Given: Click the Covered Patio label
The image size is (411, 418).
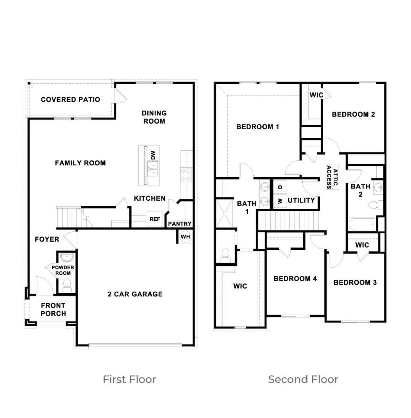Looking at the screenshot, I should tap(70, 99).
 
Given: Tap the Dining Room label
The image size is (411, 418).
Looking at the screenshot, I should tap(154, 117).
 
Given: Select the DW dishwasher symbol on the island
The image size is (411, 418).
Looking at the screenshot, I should tap(153, 155).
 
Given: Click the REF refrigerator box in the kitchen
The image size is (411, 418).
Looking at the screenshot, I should tap(155, 219).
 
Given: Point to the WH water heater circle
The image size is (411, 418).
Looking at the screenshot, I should tap(185, 237).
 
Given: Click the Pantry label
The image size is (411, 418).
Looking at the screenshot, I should tap(179, 224).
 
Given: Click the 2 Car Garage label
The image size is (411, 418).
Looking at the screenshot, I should tap(135, 294).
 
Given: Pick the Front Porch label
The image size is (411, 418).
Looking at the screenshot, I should tap(53, 309).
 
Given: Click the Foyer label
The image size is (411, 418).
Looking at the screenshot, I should tap(47, 239).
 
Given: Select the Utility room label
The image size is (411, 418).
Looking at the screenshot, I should tap(301, 200).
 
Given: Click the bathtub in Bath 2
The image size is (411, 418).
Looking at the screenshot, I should tap(362, 224).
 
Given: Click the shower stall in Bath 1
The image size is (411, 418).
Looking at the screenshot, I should tap(224, 213).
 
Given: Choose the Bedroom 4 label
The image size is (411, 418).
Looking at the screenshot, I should tap(295, 279).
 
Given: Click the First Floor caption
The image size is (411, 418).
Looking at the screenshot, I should tap(129, 379).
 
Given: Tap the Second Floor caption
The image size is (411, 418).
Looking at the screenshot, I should tap(303, 379).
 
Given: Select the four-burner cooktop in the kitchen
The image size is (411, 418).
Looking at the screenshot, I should tap(186, 175).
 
